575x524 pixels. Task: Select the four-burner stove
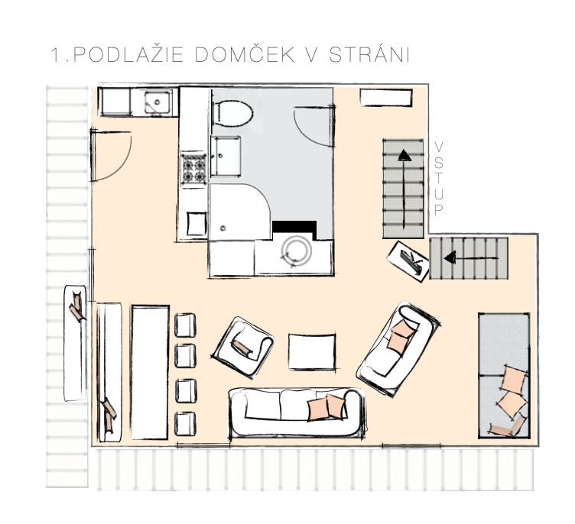point(193,169)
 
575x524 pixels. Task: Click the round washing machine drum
point(295,250)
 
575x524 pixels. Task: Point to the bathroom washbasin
point(227,156)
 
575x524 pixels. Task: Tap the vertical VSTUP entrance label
point(438,177)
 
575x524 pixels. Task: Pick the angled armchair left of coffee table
point(243,343)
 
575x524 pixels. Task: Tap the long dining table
point(149,372)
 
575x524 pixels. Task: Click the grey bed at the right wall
point(504,374)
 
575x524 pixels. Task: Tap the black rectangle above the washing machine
point(294,226)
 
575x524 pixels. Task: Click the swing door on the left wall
point(111,157)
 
